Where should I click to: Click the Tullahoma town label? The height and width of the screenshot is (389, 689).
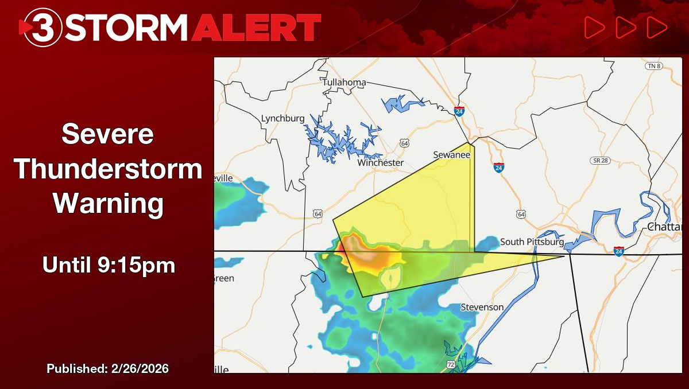tap(344, 82)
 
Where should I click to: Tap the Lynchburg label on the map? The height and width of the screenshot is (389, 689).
tap(282, 118)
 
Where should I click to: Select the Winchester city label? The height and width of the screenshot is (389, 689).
tap(380, 162)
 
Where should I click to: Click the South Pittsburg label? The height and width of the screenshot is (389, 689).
tap(532, 242)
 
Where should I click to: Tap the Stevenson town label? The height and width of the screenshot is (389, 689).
tap(482, 307)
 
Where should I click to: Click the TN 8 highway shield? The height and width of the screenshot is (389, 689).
tap(653, 66)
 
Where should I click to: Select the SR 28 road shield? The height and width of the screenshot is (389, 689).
tap(599, 160)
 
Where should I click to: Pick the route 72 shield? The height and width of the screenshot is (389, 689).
tap(451, 364)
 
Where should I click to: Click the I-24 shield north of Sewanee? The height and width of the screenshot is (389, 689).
tap(459, 111)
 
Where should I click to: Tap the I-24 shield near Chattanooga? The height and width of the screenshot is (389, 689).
tap(618, 251)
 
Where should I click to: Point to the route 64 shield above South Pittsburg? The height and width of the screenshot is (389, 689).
tap(521, 214)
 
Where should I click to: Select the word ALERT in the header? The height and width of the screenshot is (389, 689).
tap(256, 27)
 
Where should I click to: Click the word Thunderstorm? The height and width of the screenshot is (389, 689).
tap(107, 169)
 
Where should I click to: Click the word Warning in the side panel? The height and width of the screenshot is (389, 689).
tap(107, 204)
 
